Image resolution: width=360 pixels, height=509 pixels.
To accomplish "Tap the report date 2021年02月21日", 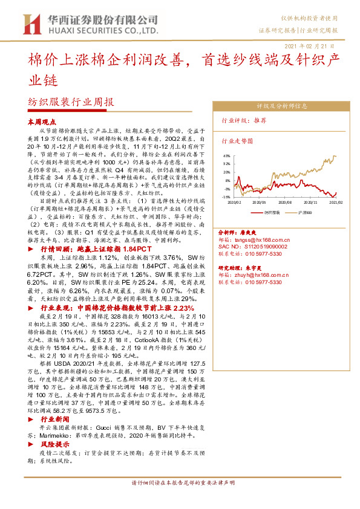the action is tap(309, 46).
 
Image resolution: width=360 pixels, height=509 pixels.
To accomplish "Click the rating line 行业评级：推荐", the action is tap(244, 120).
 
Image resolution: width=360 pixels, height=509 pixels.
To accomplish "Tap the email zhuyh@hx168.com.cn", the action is tap(264, 274).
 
